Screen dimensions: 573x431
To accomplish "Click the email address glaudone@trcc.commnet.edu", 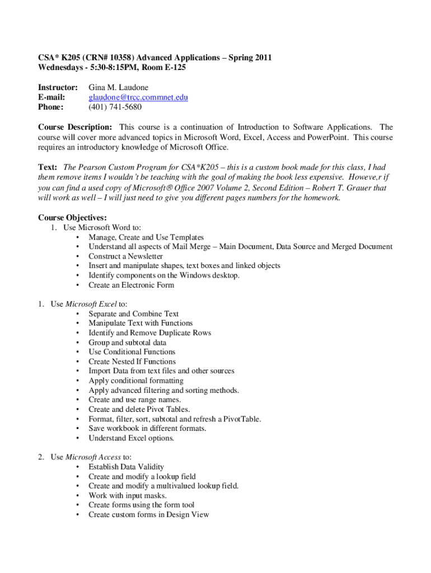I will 138,97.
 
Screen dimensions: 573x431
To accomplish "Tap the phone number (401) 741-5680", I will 115,107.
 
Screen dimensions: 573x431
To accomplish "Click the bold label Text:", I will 48,167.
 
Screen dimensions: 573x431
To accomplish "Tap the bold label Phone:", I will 50,107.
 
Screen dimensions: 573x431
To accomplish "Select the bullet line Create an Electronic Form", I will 131,285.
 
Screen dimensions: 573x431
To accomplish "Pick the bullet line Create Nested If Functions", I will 132,361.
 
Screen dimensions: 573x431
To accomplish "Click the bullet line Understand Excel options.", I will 131,438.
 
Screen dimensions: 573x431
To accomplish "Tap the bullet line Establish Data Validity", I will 126,467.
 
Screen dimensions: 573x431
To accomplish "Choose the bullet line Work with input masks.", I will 128,495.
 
